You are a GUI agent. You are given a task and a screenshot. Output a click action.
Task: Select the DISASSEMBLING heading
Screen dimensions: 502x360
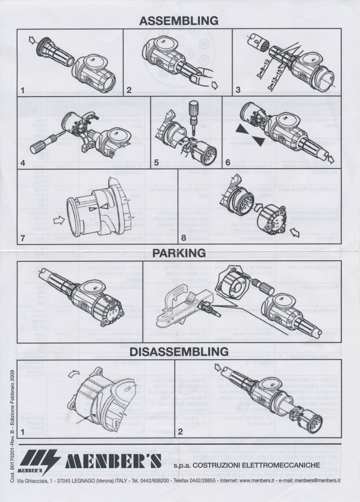point(179,351)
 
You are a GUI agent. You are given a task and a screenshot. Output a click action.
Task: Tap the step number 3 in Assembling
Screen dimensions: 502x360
point(238,89)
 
